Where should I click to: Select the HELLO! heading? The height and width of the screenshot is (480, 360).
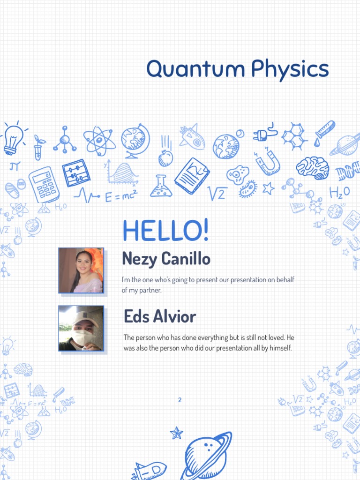(x=165, y=231)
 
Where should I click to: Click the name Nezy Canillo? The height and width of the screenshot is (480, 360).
(x=166, y=258)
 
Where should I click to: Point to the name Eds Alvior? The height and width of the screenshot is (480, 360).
(x=160, y=317)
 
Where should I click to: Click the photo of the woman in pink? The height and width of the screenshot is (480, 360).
(x=81, y=270)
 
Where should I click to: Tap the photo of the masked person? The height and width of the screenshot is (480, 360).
(x=81, y=328)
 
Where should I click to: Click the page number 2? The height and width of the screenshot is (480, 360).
(x=180, y=400)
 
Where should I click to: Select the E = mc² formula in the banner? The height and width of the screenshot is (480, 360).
(x=120, y=195)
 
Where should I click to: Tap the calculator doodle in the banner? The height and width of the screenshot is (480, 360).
(x=44, y=184)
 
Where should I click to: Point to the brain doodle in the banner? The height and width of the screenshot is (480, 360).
(x=312, y=167)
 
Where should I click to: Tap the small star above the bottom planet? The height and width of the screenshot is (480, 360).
(x=176, y=433)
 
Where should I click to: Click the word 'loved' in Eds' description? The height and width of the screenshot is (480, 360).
(x=274, y=337)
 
